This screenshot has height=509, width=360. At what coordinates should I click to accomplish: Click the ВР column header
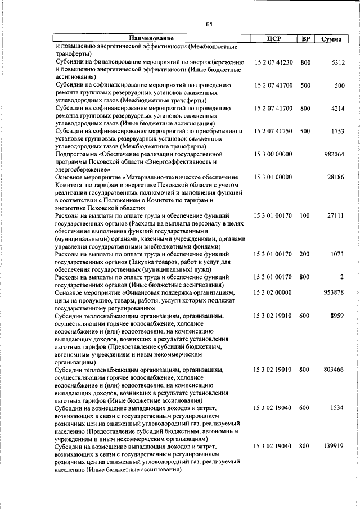tap(305, 39)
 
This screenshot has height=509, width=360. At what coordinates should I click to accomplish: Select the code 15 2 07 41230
tap(273, 62)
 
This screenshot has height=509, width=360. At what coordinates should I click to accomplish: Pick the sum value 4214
tap(336, 108)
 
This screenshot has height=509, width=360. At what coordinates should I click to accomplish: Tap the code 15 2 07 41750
tap(273, 131)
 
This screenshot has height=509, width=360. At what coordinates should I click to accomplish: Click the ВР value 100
tap(305, 215)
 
